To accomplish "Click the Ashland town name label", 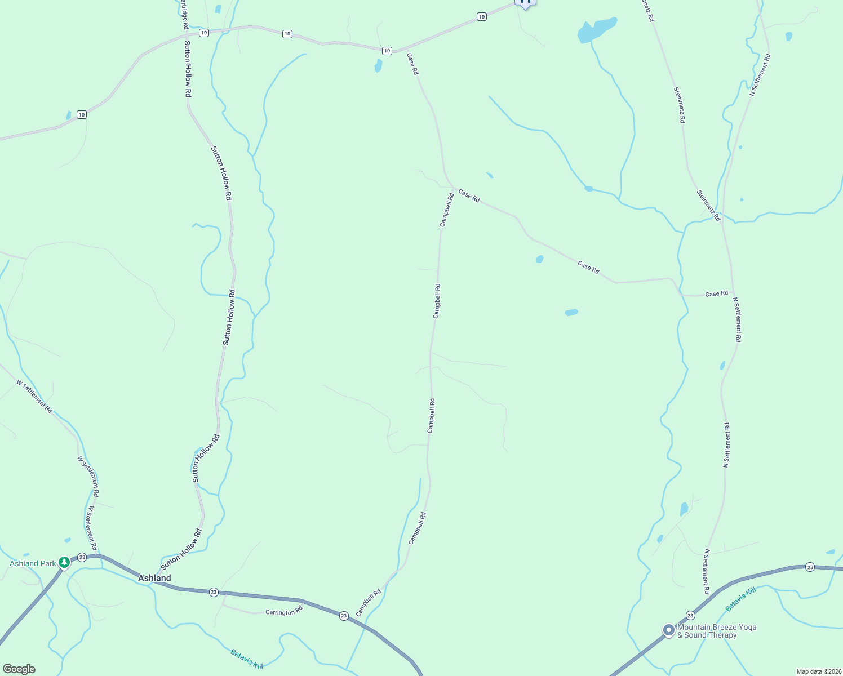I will click(x=154, y=578).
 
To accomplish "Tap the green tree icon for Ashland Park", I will click(x=64, y=562).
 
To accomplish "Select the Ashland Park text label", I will click(x=33, y=563).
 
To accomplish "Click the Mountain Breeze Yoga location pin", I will click(x=668, y=630).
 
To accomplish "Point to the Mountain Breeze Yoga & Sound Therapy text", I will click(x=717, y=631).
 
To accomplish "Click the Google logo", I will click(x=19, y=669).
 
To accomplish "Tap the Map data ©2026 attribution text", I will click(x=818, y=671).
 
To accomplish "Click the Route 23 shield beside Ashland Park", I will click(x=82, y=557).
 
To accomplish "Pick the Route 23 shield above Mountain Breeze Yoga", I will click(x=690, y=615).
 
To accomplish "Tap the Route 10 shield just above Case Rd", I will click(x=387, y=51).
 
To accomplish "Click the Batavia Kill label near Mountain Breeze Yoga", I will click(x=740, y=599).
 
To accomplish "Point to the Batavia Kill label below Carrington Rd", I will click(x=247, y=659).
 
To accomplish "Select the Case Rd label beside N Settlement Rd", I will click(x=716, y=293).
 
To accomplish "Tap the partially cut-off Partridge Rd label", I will click(x=184, y=15).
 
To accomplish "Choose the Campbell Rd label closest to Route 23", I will click(x=369, y=602).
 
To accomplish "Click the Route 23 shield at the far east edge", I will click(x=810, y=567).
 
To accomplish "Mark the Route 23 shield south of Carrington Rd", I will click(x=344, y=616).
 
